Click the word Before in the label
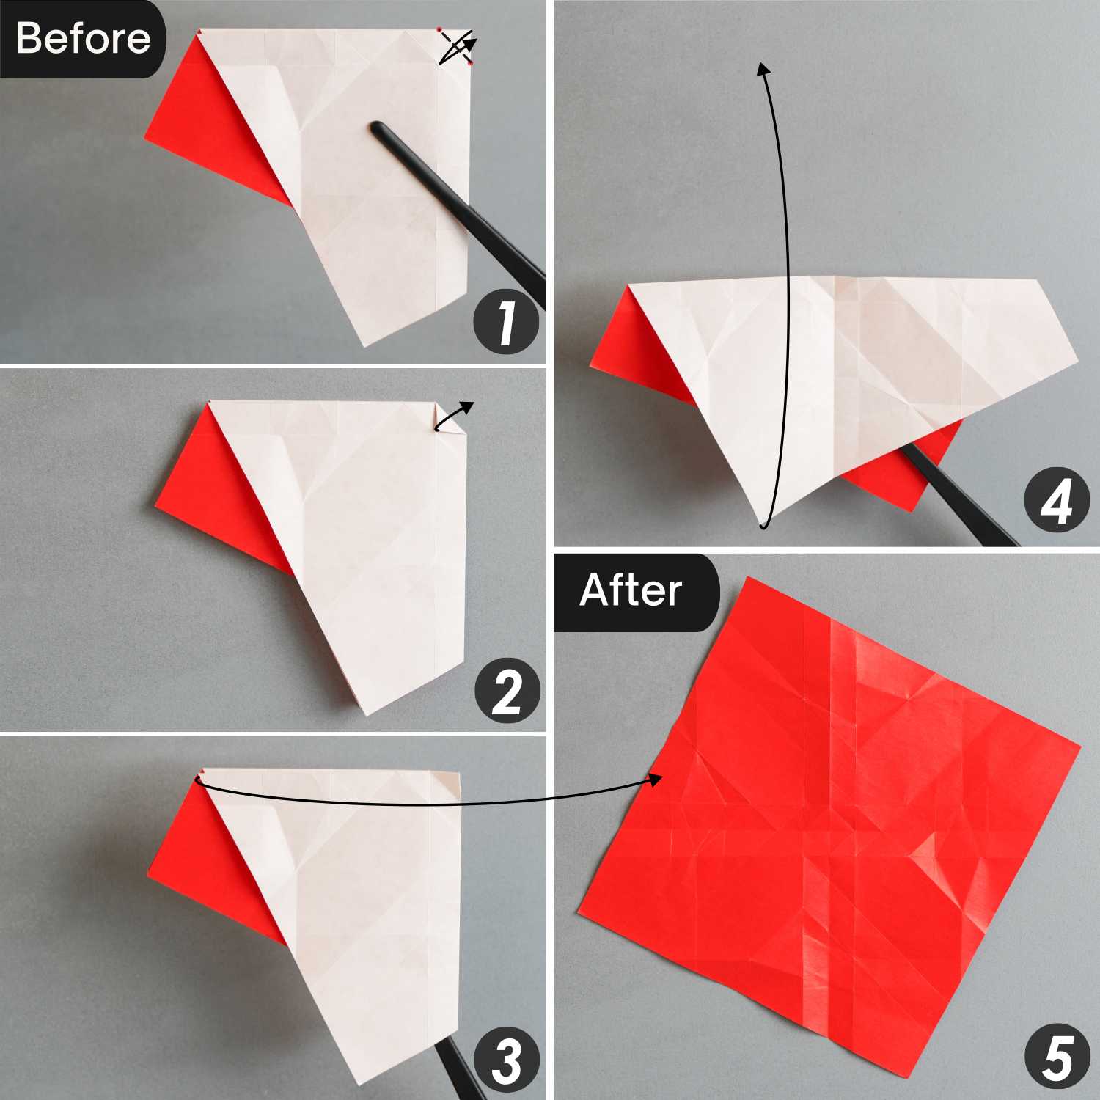83,38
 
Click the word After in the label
631,590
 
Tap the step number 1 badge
506,323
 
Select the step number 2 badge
507,692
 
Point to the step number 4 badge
1057,500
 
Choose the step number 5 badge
1057,1057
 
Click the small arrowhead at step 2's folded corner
467,408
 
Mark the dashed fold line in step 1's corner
455,46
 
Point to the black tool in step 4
957,496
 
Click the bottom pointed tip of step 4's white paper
763,527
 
